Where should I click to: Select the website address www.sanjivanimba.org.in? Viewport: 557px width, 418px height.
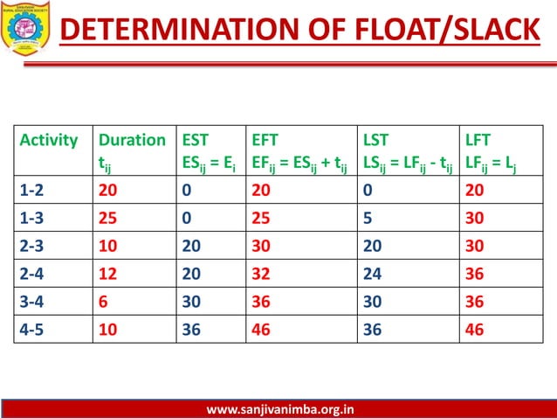(x=280, y=408)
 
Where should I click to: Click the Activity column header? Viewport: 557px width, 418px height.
(x=49, y=140)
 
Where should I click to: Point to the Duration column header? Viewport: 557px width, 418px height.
(x=132, y=140)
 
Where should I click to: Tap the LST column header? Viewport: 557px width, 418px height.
(x=376, y=140)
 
